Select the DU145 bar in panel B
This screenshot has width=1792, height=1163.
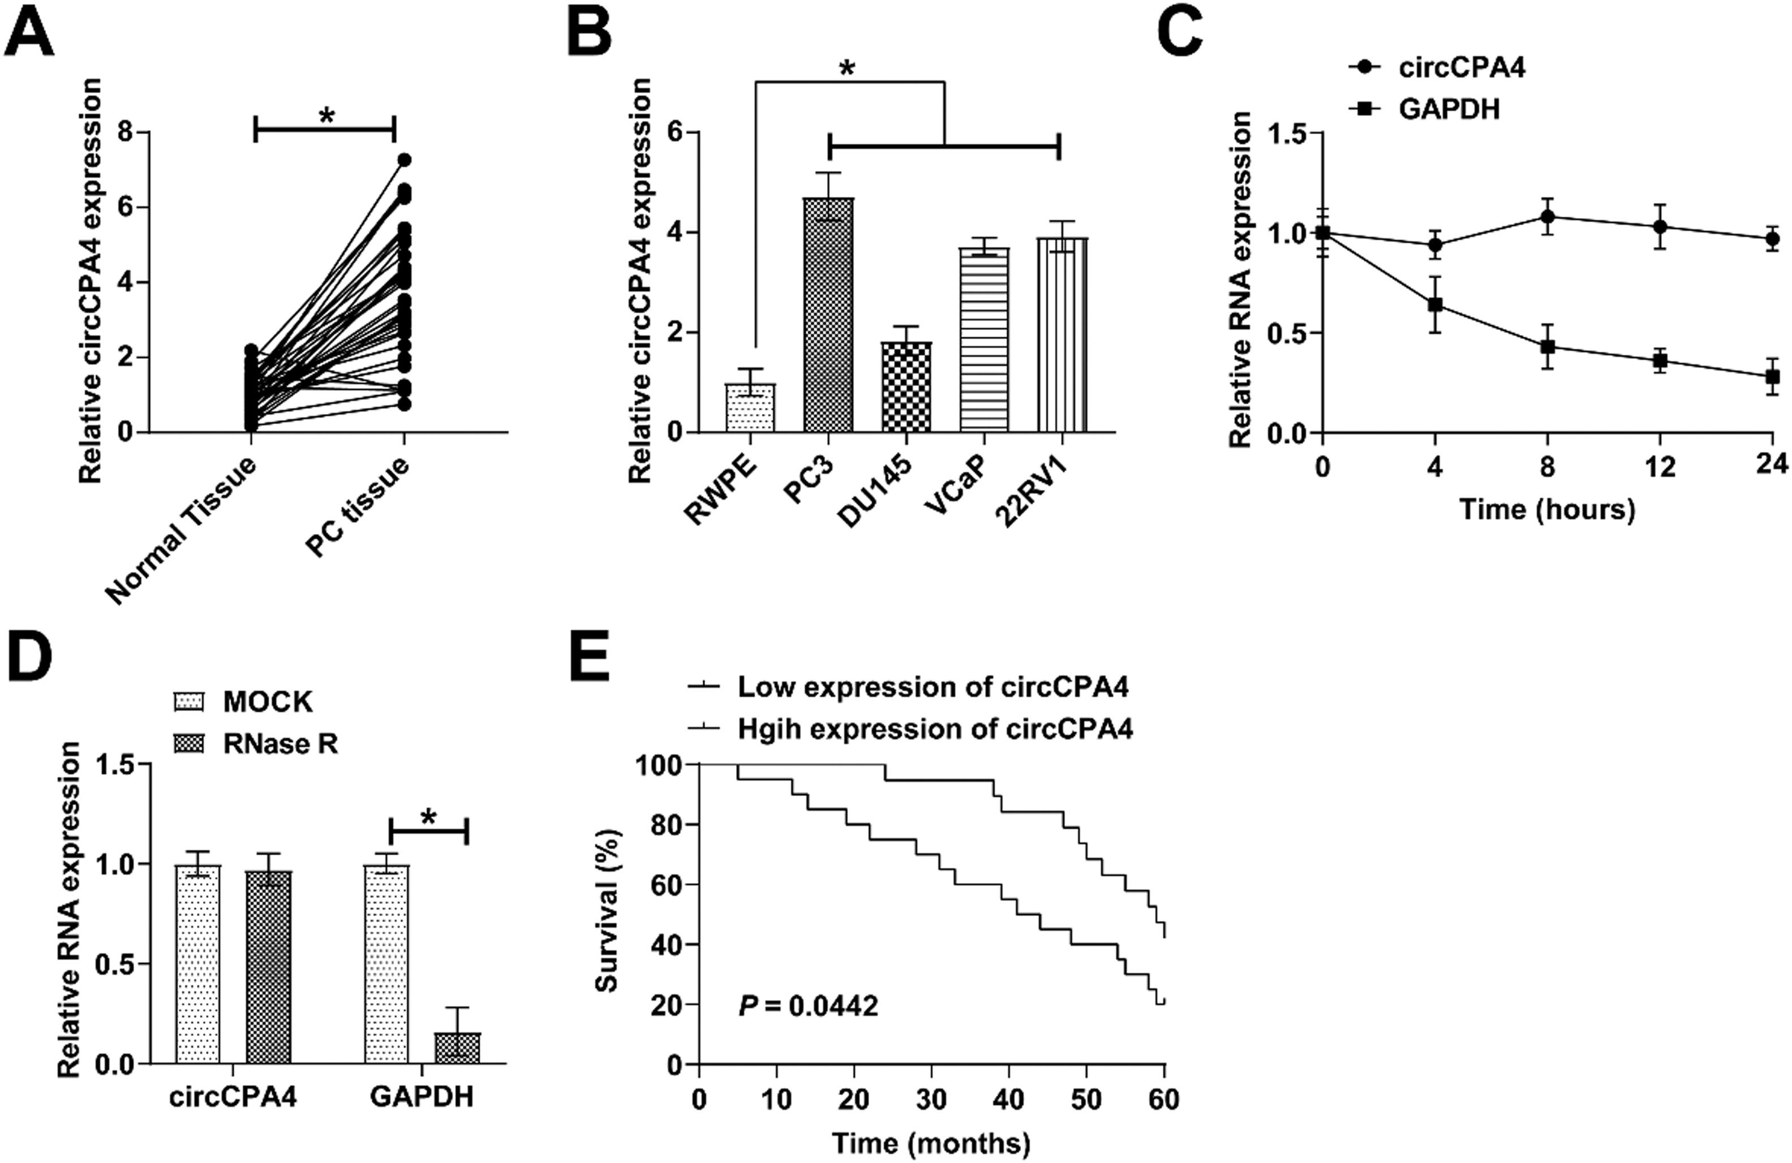click(906, 387)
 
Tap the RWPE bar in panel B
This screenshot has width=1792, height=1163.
click(750, 407)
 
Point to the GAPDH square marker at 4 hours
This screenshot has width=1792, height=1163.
click(1435, 304)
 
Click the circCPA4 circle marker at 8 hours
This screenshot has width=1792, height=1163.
click(1548, 217)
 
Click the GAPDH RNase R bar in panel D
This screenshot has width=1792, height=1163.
click(458, 1048)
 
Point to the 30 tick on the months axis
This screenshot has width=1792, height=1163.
click(931, 1100)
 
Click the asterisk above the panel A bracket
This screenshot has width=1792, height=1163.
click(326, 116)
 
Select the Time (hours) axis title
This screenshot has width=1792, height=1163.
click(1548, 510)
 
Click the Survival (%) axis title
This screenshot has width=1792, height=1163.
click(607, 911)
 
